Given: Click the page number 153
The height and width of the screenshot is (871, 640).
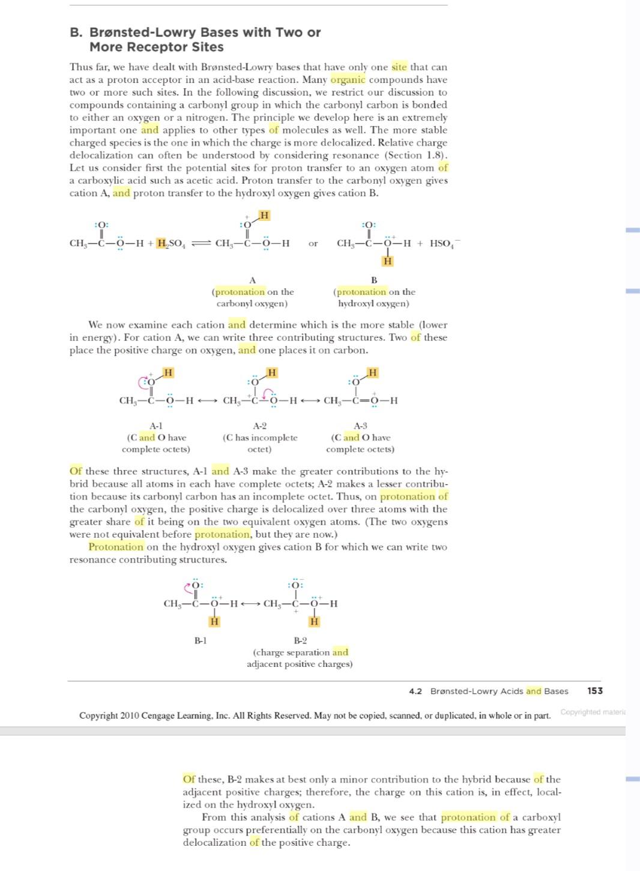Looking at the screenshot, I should pyautogui.click(x=594, y=691).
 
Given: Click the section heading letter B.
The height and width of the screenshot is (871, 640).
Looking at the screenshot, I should pyautogui.click(x=76, y=32).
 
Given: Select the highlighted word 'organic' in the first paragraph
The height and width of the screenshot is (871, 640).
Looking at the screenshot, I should pyautogui.click(x=348, y=80).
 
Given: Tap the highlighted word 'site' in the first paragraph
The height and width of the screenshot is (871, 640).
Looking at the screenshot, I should pyautogui.click(x=399, y=67).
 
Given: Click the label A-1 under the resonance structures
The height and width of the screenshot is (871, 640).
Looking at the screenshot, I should pyautogui.click(x=155, y=426).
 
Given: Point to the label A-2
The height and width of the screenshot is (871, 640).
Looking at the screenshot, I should pyautogui.click(x=259, y=426).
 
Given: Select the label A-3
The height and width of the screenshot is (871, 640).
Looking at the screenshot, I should pyautogui.click(x=360, y=426).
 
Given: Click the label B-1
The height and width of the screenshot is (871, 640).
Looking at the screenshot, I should pyautogui.click(x=201, y=640).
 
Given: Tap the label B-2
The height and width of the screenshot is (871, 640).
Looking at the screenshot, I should pyautogui.click(x=300, y=640).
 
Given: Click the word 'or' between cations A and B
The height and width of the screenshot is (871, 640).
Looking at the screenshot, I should pyautogui.click(x=313, y=244).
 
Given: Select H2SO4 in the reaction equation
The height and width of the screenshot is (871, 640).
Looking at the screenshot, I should pyautogui.click(x=171, y=243).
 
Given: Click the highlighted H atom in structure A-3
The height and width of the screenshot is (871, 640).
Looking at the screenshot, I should pyautogui.click(x=373, y=373).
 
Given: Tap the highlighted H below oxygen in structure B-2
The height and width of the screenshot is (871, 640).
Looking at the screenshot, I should pyautogui.click(x=314, y=622).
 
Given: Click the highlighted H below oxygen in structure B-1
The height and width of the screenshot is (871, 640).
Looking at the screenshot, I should pyautogui.click(x=214, y=622).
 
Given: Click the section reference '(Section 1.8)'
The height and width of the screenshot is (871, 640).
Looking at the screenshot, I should pyautogui.click(x=416, y=155).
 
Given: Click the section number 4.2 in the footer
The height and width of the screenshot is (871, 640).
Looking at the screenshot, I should pyautogui.click(x=415, y=692).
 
